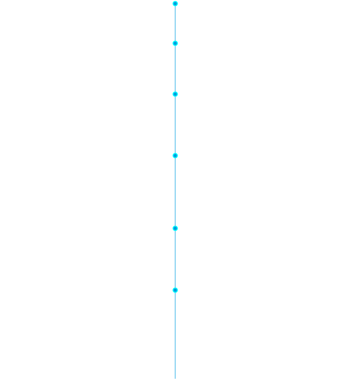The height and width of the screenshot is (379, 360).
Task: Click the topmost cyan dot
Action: click(x=175, y=4)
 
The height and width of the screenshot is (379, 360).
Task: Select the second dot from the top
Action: click(x=175, y=43)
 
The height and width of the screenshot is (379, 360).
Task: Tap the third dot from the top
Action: click(x=175, y=94)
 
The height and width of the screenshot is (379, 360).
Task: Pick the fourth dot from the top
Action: click(x=175, y=155)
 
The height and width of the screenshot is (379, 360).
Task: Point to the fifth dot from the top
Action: click(x=175, y=228)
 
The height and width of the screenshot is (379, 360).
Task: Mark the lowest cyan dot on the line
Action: click(x=175, y=290)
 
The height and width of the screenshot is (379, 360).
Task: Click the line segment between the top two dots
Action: click(x=175, y=24)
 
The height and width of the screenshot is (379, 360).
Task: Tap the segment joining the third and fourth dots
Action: click(x=175, y=125)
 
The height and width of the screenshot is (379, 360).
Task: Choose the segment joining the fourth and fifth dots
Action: click(x=175, y=192)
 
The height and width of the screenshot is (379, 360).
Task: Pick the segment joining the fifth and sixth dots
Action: click(x=175, y=259)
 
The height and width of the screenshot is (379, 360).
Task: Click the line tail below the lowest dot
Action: click(x=175, y=334)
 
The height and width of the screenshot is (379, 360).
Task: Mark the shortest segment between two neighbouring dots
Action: click(x=175, y=24)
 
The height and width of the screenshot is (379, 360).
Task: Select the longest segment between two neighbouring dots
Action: click(x=175, y=192)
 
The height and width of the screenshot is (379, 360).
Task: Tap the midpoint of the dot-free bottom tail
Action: click(x=175, y=334)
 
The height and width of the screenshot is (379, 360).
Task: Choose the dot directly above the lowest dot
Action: click(x=175, y=228)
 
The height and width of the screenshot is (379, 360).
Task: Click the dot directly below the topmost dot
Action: click(x=175, y=43)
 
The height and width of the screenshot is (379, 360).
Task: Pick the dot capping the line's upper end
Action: click(x=175, y=4)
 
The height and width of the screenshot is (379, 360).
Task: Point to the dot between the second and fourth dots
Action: click(x=175, y=94)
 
